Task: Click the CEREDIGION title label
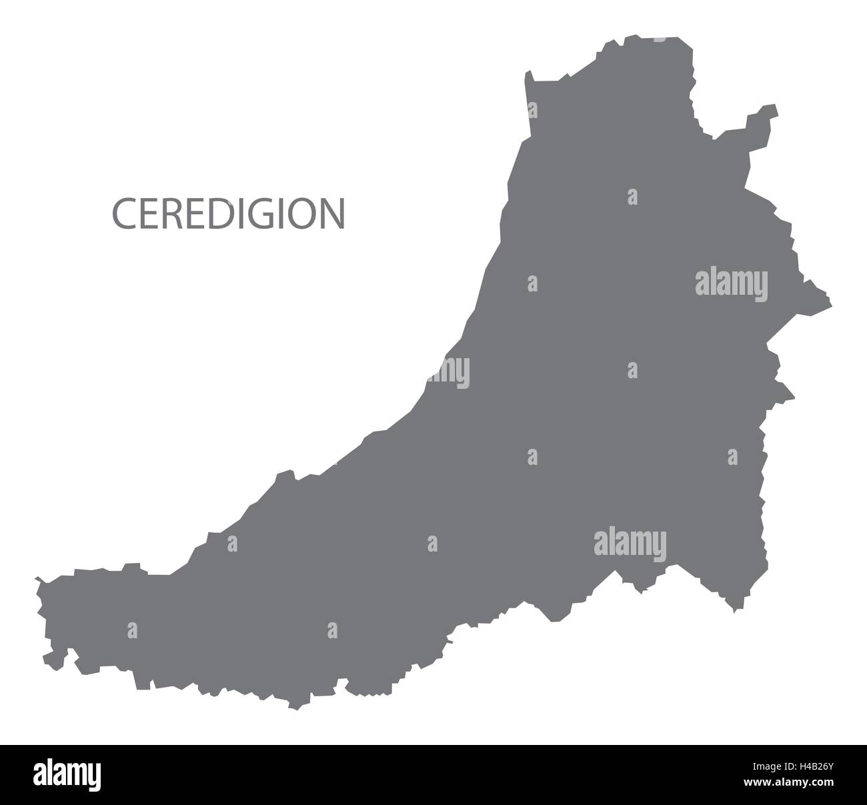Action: point(229,213)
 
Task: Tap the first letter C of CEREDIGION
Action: point(123,213)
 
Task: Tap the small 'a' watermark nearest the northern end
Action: point(632,197)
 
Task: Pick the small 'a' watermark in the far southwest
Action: point(132,630)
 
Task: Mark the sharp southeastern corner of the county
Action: point(735,611)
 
